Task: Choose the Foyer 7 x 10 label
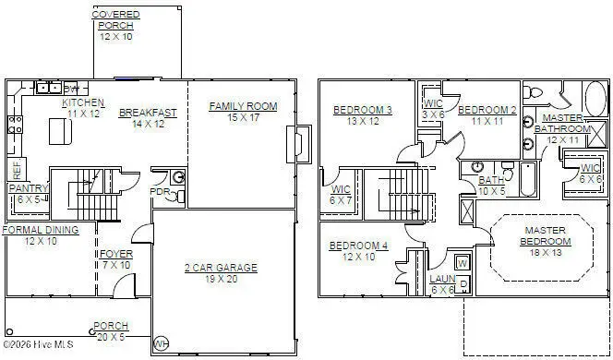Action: (116, 258)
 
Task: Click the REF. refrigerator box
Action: (16, 171)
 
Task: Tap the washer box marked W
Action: (463, 263)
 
